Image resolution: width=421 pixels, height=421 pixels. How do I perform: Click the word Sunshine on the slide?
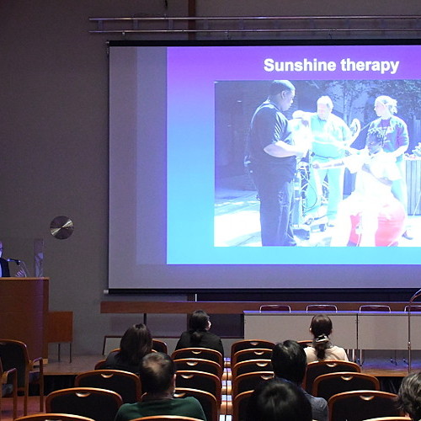coord(300,65)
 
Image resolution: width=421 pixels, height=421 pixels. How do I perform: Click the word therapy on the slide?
coord(370,67)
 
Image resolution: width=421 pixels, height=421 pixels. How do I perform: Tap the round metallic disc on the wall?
coord(61,227)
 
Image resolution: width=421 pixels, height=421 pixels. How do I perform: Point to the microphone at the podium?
coord(13,261)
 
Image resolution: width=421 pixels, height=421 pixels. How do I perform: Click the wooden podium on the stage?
coord(24,317)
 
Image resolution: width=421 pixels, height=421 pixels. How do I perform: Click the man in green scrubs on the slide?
coord(327,152)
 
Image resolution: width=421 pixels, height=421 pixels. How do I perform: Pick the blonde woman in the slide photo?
coord(389,132)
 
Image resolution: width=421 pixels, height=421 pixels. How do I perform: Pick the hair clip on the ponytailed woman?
coord(322,338)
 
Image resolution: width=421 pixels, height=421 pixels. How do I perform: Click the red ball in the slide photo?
coord(389,223)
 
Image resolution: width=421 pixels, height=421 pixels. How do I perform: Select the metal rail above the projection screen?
coord(255,19)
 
